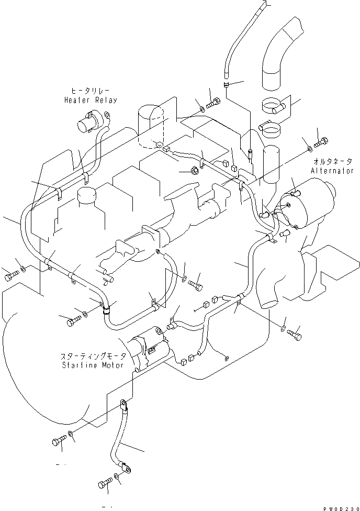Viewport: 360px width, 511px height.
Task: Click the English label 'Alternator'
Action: pyautogui.click(x=332, y=171)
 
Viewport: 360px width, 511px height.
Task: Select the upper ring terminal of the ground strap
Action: pyautogui.click(x=123, y=404)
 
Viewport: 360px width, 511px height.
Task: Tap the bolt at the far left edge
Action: pyautogui.click(x=10, y=276)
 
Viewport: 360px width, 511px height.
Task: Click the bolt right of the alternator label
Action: pyautogui.click(x=321, y=140)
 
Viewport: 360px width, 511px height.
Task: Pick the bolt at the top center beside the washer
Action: pyautogui.click(x=213, y=104)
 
